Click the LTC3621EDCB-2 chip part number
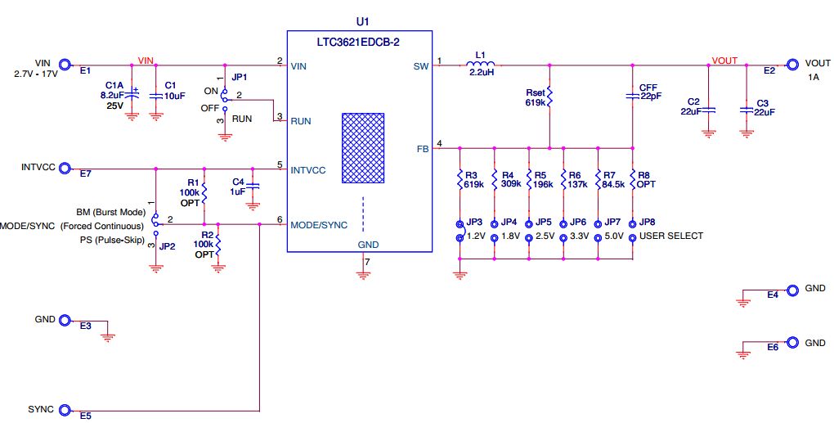point(359,38)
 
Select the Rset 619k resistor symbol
point(549,97)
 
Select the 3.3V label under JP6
point(578,236)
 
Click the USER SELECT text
point(671,236)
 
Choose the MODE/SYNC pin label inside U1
point(318,225)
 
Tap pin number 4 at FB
point(440,144)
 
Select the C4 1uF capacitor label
point(239,186)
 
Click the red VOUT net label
point(724,60)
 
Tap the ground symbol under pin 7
point(364,274)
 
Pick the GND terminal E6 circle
point(791,343)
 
